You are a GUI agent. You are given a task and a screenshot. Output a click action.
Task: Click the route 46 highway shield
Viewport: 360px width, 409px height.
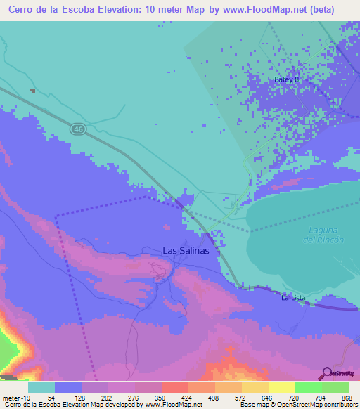point(77,129)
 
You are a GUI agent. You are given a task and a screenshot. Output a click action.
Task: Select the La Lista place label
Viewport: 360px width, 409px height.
point(293,298)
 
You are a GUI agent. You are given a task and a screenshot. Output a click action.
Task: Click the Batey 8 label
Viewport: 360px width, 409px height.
point(286,80)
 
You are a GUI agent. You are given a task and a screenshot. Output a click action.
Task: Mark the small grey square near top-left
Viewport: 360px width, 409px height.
point(32,91)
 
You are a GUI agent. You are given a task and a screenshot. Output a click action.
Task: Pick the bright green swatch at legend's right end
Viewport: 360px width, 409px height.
point(335,387)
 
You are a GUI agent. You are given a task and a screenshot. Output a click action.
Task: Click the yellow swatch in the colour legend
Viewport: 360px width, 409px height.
point(281,387)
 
